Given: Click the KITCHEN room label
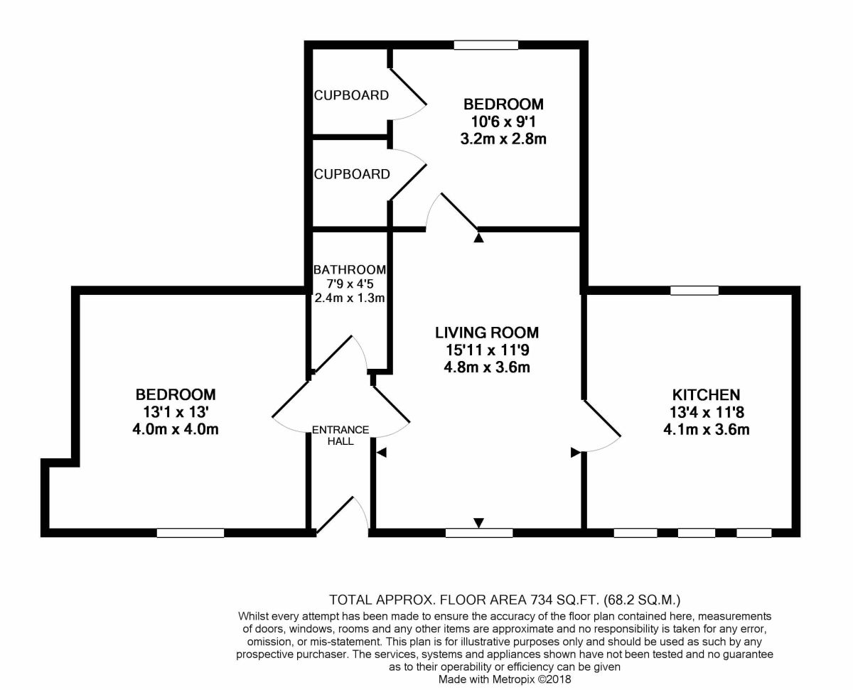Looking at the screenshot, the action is (x=706, y=395).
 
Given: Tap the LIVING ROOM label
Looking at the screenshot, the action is (x=487, y=333).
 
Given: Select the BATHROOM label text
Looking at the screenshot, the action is (x=350, y=270).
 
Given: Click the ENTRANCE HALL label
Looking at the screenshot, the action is (x=340, y=436).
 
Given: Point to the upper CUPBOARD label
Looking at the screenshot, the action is (x=351, y=95).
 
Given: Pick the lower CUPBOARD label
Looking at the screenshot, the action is (x=352, y=174).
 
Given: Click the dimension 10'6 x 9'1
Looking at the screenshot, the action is (x=503, y=122).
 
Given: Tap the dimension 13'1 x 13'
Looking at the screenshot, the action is (x=176, y=412).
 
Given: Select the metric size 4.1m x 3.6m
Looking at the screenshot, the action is (x=707, y=430).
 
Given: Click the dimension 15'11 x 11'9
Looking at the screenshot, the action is (x=488, y=350).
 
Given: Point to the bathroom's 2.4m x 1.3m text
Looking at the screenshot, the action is (x=350, y=298).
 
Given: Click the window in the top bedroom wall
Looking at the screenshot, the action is (x=485, y=45).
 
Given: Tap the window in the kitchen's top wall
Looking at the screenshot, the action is (x=694, y=291).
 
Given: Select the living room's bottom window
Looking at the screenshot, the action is (x=479, y=533).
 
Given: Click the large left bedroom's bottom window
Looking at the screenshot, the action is (x=191, y=533).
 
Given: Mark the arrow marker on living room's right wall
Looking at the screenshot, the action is (x=576, y=453).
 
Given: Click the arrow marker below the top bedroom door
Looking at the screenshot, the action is (x=478, y=238).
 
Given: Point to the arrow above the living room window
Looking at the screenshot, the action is (x=479, y=523).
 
